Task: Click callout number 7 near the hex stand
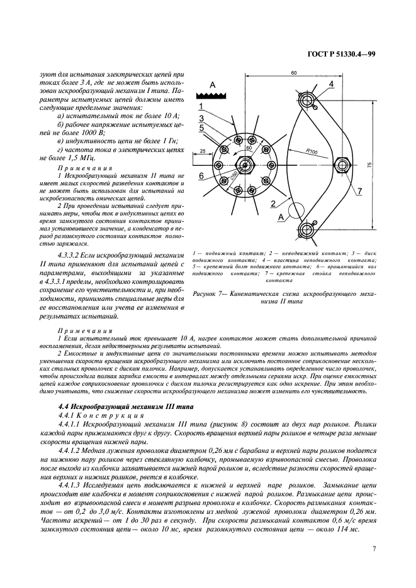click(359, 190)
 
